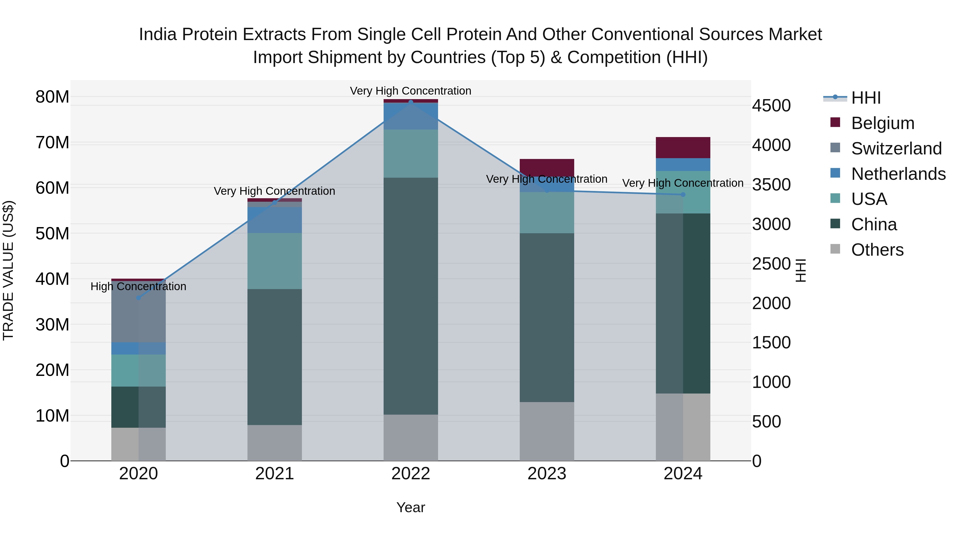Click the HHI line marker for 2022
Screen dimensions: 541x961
(411, 102)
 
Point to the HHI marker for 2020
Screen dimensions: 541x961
(138, 298)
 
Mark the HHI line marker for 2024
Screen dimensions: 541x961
(683, 194)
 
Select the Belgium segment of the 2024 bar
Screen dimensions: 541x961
(683, 147)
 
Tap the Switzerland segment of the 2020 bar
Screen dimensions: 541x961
(138, 316)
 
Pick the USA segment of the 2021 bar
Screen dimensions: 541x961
(275, 261)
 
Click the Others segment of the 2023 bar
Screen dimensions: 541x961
(547, 431)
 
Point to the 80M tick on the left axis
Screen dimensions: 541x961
(52, 97)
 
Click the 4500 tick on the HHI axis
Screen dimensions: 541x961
(771, 106)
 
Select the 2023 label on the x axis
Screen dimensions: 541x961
(547, 474)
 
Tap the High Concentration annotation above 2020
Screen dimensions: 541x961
(138, 286)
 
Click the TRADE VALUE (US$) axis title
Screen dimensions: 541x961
(8, 270)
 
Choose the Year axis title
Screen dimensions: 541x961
(411, 507)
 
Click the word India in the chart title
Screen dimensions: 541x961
(157, 34)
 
